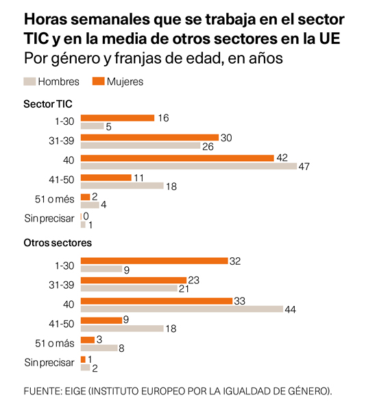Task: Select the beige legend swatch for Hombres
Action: (x=29, y=82)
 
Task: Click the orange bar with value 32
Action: (x=154, y=261)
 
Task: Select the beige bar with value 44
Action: (x=182, y=309)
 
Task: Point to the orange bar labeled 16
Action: (x=117, y=118)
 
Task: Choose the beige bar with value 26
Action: (x=140, y=146)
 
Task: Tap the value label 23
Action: (x=193, y=281)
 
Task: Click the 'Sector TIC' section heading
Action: (x=48, y=104)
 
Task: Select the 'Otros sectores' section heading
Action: (x=58, y=243)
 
